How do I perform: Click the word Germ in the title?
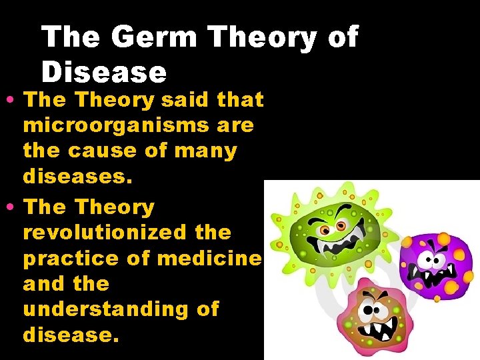tap(154, 38)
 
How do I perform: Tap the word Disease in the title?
tap(103, 72)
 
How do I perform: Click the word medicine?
tap(211, 258)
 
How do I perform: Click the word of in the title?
tap(343, 38)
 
